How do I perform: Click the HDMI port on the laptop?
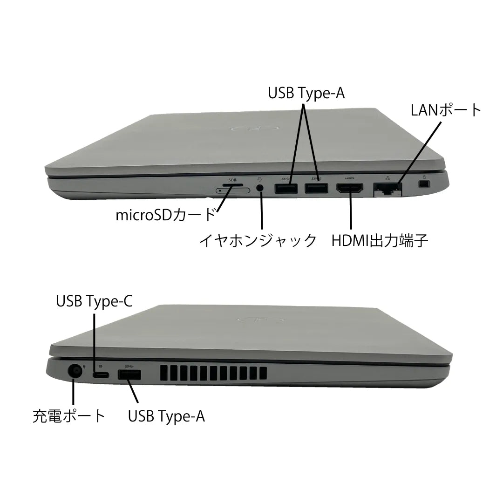point(350,188)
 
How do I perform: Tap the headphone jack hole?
point(260,188)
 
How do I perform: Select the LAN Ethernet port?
point(387,189)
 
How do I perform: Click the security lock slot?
point(425,184)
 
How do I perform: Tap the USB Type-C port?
point(101,374)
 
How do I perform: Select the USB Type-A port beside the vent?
point(129,374)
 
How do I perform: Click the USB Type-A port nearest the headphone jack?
point(286,188)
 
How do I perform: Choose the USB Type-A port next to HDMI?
point(316,188)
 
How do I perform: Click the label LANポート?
point(446,110)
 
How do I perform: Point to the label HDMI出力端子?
point(380,241)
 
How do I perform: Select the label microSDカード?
point(165,215)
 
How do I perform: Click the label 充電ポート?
point(69,416)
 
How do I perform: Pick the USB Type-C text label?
point(94,301)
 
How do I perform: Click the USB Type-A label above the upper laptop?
point(306,93)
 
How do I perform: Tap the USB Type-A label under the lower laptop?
point(166,416)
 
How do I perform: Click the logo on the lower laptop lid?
point(260,320)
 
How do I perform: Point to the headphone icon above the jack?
point(259,179)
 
